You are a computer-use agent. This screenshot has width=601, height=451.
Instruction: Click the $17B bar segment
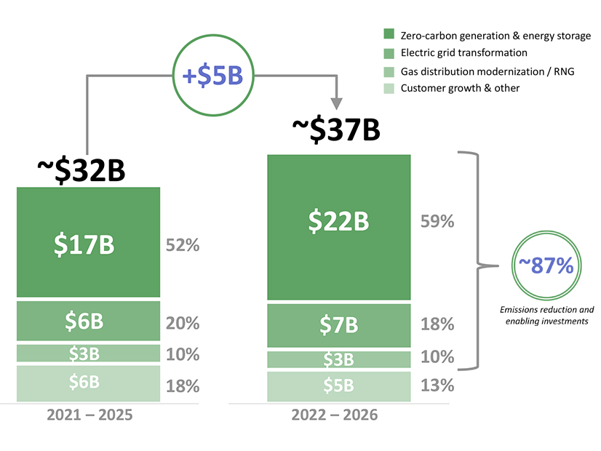(x=88, y=244)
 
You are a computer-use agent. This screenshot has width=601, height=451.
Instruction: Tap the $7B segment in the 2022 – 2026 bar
(x=338, y=324)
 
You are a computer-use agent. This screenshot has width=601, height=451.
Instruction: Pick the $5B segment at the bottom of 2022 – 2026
(x=338, y=386)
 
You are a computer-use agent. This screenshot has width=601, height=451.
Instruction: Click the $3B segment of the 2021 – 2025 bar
(x=88, y=354)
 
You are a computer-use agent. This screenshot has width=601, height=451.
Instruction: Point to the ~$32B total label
(x=81, y=169)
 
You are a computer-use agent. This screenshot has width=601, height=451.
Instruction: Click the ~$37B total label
(x=335, y=131)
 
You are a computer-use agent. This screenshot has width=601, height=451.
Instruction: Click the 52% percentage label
(x=183, y=245)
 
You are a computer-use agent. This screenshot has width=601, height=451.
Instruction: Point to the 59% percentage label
(x=437, y=221)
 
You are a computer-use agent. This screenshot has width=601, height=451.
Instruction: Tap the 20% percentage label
(x=183, y=323)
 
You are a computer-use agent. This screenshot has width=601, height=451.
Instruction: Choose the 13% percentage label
(x=437, y=386)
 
